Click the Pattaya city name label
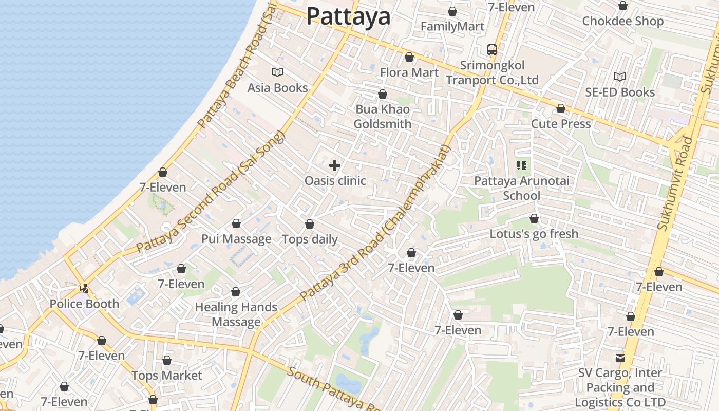coord(348,16)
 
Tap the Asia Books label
coord(277,88)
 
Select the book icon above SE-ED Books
coord(620,77)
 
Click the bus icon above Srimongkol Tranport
coord(492,50)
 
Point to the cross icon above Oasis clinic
coord(335,165)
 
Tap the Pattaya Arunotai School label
coord(521,188)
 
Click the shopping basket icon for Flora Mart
coord(409,57)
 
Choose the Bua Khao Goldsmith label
coord(383,117)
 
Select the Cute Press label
coord(561,124)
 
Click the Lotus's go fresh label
coord(534,234)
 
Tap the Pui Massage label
coord(236,239)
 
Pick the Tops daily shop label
coord(310,239)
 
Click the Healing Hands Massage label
coord(236,314)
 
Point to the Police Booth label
coord(84,304)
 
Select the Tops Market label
coord(167,376)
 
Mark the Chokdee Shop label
coord(622,21)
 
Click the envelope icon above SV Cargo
coord(620,358)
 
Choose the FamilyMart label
coord(452,26)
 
